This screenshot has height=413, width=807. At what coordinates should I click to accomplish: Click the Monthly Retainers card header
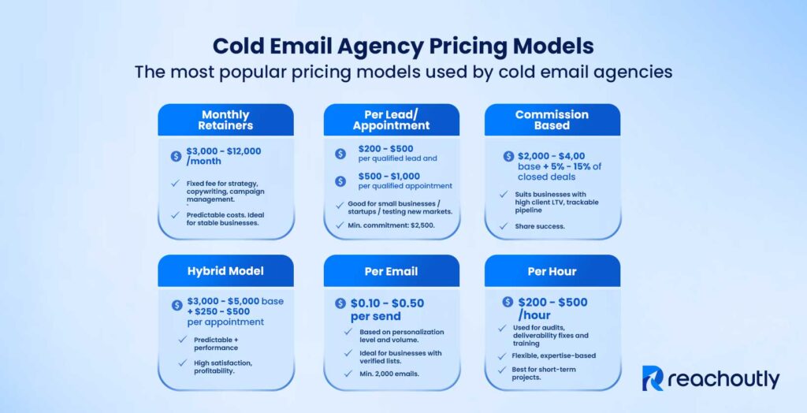coord(225,120)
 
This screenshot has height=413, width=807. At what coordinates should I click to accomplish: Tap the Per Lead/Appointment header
coord(392,120)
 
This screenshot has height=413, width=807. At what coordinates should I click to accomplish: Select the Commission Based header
coord(552,120)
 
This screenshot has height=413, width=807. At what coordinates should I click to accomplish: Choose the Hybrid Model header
coord(225,271)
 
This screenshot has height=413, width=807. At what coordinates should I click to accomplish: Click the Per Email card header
coord(392,271)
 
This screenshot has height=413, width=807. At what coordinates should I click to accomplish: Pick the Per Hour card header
coord(552,271)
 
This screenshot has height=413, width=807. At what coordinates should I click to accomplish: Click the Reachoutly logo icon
coord(653,378)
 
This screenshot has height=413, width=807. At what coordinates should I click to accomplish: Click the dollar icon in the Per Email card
coord(340,303)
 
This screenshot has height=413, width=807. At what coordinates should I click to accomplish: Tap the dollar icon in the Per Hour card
coord(507,303)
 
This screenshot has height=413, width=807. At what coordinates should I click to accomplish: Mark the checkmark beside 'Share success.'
coord(503,226)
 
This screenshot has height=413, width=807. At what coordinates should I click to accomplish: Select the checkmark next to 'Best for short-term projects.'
coord(503,373)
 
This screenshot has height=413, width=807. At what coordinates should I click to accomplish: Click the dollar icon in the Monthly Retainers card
coord(176,156)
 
